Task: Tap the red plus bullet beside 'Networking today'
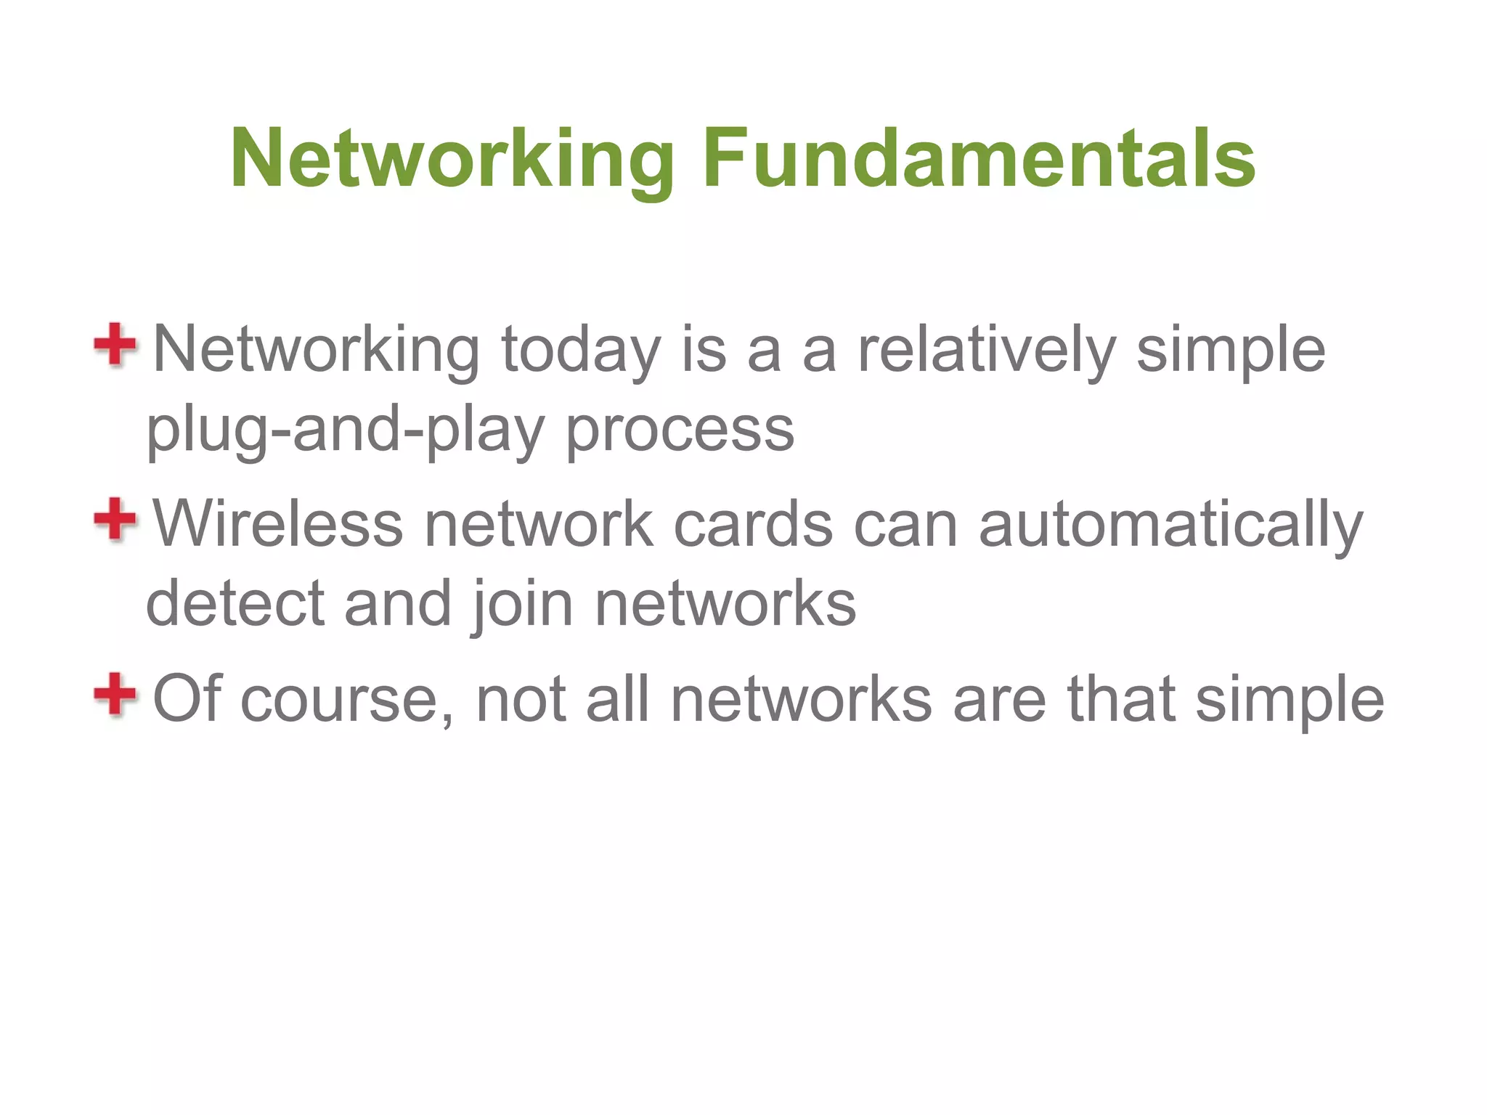[115, 345]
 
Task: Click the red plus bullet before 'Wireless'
[115, 519]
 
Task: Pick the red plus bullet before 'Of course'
[115, 694]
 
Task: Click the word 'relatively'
[986, 351]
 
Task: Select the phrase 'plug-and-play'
[345, 430]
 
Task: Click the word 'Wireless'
[278, 524]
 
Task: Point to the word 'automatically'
[1170, 524]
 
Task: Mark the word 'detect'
[235, 604]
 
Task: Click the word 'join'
[523, 604]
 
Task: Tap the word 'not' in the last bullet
[520, 699]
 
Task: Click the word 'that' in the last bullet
[1122, 699]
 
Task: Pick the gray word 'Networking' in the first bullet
[317, 351]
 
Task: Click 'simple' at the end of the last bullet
[1290, 699]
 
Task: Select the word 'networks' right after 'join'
[725, 604]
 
